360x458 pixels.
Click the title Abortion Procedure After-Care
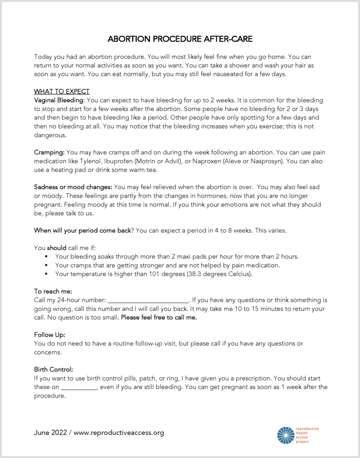point(180,39)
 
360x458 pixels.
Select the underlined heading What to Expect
point(62,92)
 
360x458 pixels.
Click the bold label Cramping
point(49,152)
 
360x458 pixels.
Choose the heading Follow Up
point(50,335)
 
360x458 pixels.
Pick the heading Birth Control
point(53,369)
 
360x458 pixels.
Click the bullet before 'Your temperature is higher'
point(46,274)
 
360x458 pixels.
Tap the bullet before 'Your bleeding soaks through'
point(46,257)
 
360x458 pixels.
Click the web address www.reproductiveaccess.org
point(119,433)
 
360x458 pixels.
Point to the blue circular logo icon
point(285,435)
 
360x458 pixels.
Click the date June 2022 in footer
point(50,433)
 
